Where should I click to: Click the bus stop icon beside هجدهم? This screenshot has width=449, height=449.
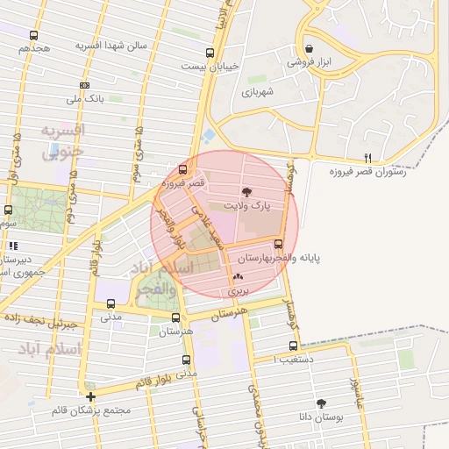33,36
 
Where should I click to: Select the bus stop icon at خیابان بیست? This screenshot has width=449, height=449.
209,52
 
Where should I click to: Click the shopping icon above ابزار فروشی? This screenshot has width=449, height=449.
308,49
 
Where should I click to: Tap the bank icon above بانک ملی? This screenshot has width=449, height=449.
84,85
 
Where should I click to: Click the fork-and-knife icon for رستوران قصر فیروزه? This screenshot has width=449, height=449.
367,158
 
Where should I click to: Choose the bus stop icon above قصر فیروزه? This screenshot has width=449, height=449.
182,169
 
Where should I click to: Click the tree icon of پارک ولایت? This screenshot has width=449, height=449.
246,190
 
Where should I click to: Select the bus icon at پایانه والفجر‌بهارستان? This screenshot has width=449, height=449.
279,244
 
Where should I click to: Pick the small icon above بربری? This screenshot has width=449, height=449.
238,275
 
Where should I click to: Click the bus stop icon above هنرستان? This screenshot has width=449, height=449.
175,317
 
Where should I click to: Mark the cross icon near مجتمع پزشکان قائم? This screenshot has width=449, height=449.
91,397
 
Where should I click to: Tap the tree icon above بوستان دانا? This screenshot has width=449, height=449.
322,403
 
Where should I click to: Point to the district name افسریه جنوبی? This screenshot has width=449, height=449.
61,142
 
